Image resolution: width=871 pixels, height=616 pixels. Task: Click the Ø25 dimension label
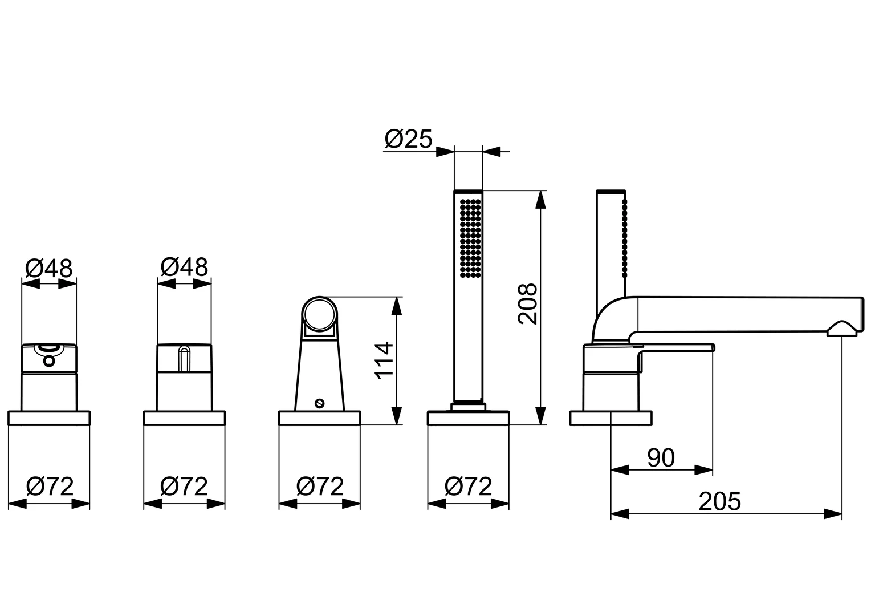click(x=408, y=139)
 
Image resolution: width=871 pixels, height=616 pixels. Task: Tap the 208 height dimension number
click(x=528, y=304)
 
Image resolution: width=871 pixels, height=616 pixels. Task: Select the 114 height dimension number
click(x=384, y=360)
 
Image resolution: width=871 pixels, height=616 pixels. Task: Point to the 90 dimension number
click(x=661, y=457)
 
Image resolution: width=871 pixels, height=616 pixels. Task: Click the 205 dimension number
click(x=720, y=501)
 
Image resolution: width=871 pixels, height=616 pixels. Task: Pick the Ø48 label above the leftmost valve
click(x=49, y=268)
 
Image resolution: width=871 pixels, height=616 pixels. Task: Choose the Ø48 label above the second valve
click(x=184, y=267)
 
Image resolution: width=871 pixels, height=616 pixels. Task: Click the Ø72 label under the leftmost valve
click(x=50, y=487)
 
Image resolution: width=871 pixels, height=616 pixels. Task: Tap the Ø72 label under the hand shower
click(x=468, y=487)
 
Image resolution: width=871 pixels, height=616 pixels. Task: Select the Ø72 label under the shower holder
click(x=320, y=487)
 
